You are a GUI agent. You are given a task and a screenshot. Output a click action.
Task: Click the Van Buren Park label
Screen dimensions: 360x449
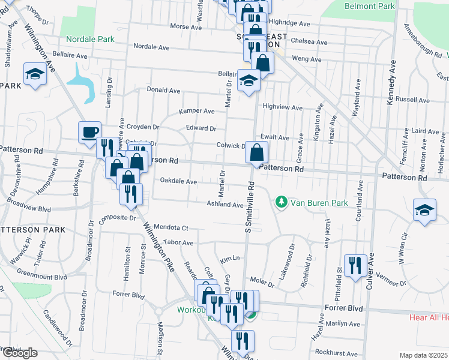[319, 203]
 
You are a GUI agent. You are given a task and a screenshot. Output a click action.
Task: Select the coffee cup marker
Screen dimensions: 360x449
[90, 132]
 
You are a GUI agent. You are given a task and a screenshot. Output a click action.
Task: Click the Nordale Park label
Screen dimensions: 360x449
[91, 39]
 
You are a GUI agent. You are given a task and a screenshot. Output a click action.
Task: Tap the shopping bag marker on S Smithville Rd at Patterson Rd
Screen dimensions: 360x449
[256, 154]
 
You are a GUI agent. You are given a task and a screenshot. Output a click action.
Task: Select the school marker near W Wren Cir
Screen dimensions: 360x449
[424, 211]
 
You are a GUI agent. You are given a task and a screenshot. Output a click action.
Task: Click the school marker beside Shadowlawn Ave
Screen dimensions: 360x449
[35, 74]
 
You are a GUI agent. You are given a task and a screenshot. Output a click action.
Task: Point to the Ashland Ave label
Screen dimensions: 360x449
[225, 205]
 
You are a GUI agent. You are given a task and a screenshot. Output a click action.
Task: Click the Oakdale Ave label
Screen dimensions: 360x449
[178, 181]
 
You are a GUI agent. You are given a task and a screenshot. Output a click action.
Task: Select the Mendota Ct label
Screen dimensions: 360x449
[171, 228]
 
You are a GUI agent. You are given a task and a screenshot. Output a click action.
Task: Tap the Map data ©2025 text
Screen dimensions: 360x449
[423, 355]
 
